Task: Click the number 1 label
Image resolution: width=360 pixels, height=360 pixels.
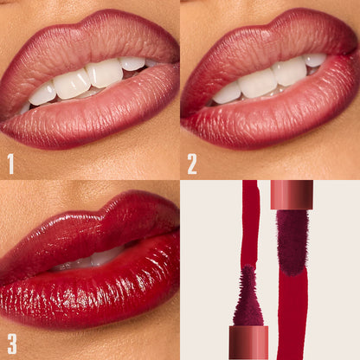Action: pyautogui.click(x=11, y=163)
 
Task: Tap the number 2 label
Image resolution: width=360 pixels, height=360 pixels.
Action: pyautogui.click(x=192, y=163)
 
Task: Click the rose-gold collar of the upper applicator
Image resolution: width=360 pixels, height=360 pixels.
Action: pyautogui.click(x=292, y=194)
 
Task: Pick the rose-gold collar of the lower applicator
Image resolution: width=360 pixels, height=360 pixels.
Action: pyautogui.click(x=248, y=343)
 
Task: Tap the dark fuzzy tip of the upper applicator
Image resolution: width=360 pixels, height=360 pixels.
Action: pyautogui.click(x=292, y=242)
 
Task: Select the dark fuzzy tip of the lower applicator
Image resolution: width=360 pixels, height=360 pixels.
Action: pyautogui.click(x=248, y=299)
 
